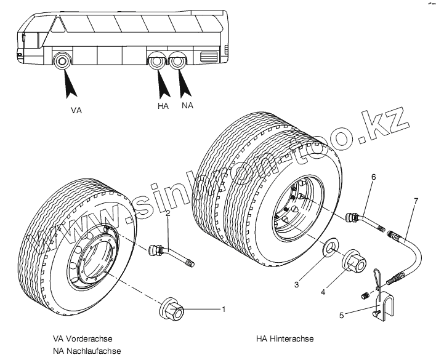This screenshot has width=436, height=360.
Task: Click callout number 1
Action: coord(224,309)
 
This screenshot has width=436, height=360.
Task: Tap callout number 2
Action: coord(168,213)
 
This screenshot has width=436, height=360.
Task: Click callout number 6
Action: coord(373,177)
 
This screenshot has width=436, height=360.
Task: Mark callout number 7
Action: coord(416,201)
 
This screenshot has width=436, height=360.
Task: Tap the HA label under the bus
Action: coord(163,106)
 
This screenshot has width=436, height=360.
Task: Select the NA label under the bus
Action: coord(187,106)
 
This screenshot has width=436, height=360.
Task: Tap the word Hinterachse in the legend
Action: coord(291,339)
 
